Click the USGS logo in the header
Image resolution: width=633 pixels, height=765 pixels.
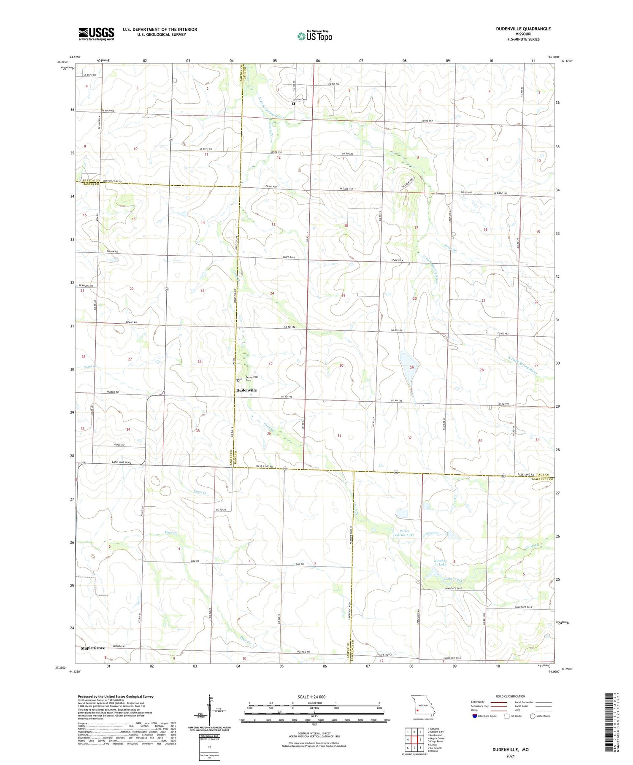point(96,34)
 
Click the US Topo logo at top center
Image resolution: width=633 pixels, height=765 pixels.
point(314,36)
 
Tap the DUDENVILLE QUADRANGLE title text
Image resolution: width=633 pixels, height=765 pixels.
point(524,29)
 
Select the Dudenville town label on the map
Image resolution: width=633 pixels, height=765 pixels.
point(246,390)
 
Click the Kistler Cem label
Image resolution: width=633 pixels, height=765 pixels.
point(300,99)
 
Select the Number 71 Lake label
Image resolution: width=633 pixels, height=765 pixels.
point(440,562)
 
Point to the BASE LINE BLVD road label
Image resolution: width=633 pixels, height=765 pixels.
point(122,462)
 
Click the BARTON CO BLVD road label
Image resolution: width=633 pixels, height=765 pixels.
point(112,181)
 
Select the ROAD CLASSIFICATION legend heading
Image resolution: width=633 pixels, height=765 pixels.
point(510,696)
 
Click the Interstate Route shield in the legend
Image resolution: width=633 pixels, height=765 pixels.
point(475,716)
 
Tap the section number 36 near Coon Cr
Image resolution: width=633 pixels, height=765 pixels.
point(269,433)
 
